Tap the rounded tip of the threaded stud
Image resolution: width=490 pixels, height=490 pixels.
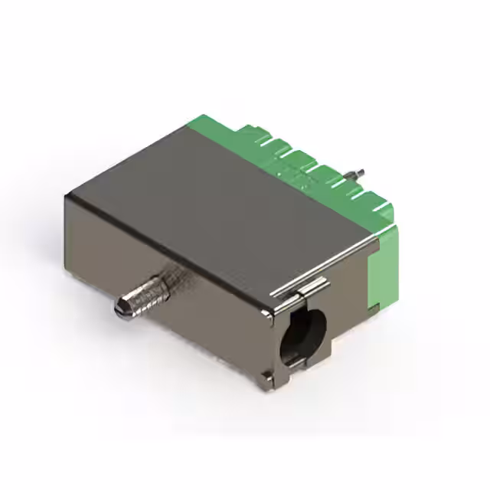[x=121, y=308]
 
